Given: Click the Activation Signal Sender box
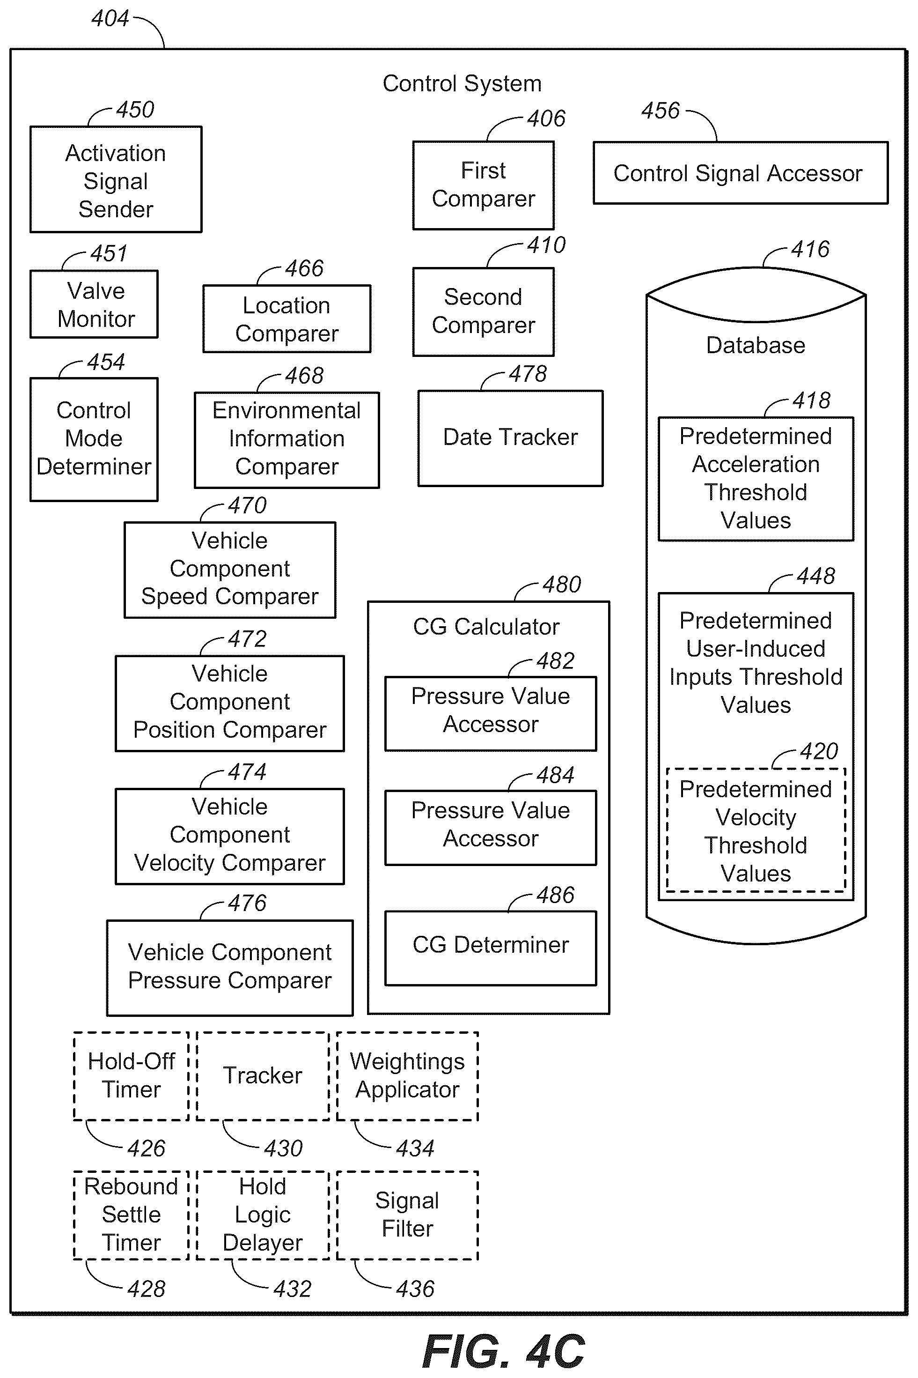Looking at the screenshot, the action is (x=116, y=179).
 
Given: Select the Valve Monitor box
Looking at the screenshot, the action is (x=94, y=304).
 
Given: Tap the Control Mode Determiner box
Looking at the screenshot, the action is (x=94, y=439).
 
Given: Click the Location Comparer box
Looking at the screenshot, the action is (x=287, y=319).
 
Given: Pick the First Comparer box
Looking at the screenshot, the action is (x=484, y=185).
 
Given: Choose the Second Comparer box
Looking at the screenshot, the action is (x=484, y=311).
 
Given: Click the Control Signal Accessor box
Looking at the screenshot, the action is (x=741, y=173).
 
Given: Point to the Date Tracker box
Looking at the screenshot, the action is (x=511, y=438).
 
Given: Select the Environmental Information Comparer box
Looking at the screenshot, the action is (x=287, y=440).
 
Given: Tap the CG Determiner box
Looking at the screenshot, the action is (x=491, y=948).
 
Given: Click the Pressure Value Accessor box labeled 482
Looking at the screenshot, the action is (x=491, y=713).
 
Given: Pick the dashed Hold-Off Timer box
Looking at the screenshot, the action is (x=131, y=1076).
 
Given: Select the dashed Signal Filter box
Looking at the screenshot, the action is (x=407, y=1215).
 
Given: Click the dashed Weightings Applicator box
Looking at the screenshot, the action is (x=407, y=1076).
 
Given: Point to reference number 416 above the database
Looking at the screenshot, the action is (x=810, y=250).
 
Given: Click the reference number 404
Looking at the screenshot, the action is (x=110, y=18).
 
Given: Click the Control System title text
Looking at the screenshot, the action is (x=462, y=83).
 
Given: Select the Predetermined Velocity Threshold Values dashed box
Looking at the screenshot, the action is (x=756, y=830).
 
